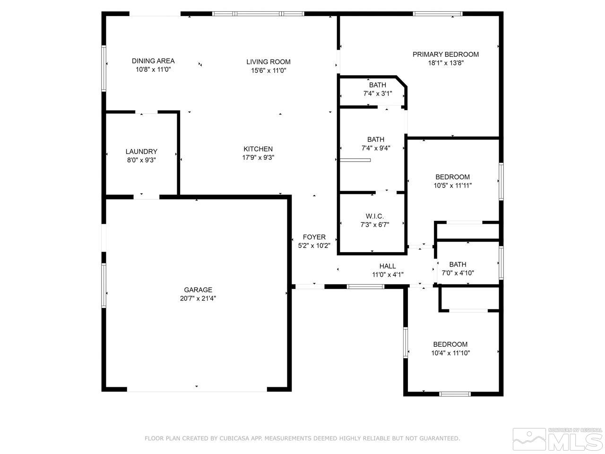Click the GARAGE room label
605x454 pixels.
[198, 290]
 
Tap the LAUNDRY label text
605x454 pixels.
[141, 152]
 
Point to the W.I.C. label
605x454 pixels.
[374, 217]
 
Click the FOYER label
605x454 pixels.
[314, 237]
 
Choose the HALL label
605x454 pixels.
[387, 266]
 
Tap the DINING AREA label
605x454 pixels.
[153, 61]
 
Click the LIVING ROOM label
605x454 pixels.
[268, 62]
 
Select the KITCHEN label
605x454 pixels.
[258, 149]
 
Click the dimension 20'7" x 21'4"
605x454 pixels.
[198, 298]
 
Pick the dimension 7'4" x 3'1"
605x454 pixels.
[377, 94]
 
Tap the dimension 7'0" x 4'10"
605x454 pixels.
[458, 273]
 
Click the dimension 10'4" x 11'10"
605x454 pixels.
[450, 353]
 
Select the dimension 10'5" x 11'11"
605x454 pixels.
[452, 186]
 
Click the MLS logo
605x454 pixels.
[558, 439]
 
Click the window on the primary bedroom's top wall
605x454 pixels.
[438, 14]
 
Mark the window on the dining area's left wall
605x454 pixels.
[104, 68]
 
